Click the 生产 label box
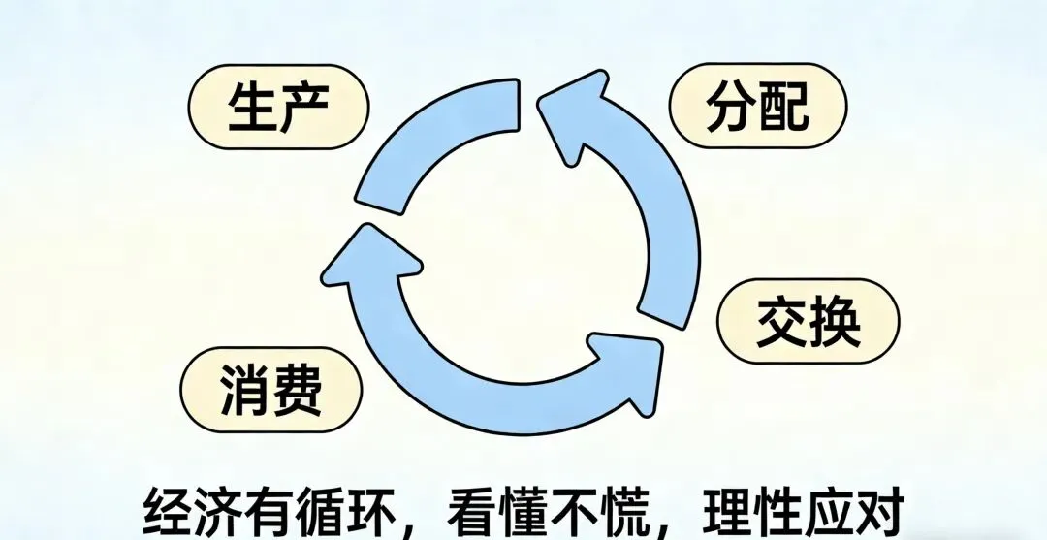point(278,109)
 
